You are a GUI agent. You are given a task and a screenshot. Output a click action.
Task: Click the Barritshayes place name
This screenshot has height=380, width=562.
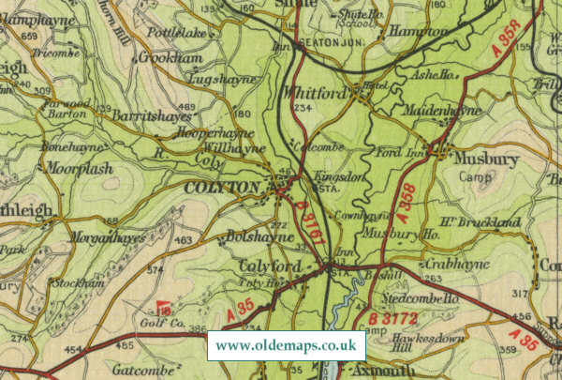click(152, 116)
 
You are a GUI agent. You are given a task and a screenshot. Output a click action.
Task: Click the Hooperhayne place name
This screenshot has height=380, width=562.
click(195, 134)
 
